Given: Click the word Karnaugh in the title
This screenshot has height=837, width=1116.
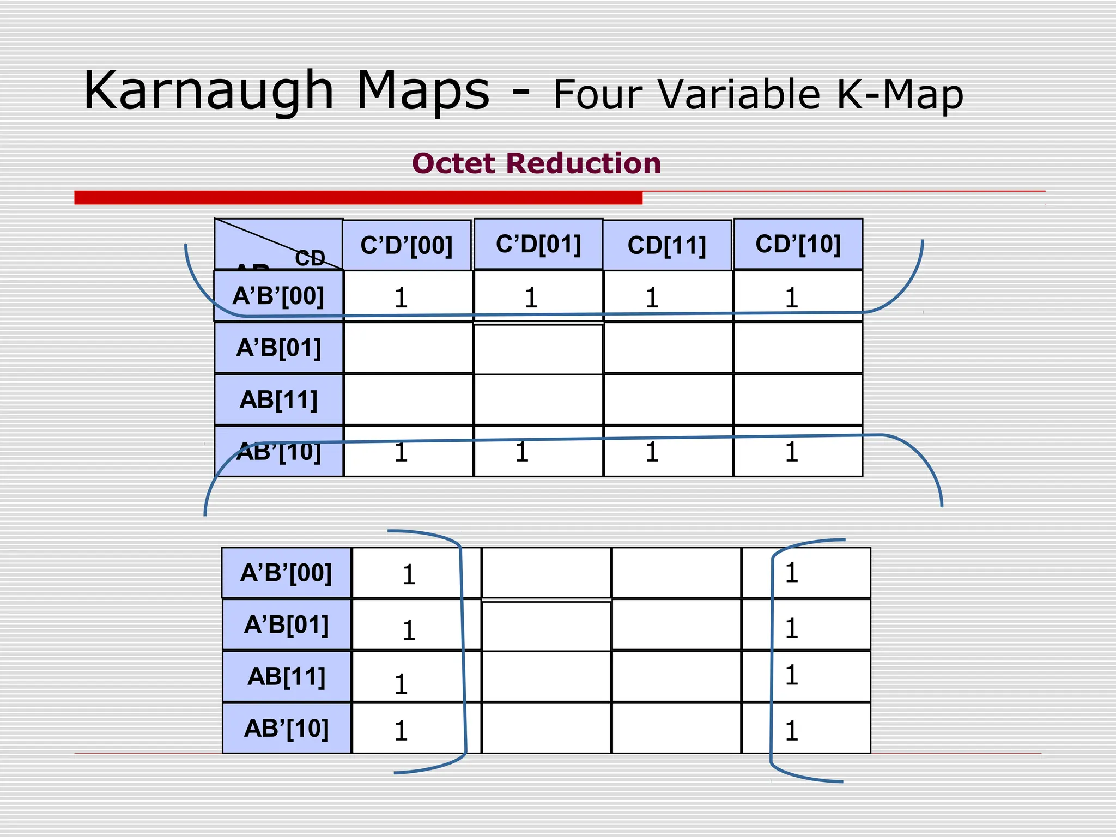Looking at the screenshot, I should click(x=208, y=92).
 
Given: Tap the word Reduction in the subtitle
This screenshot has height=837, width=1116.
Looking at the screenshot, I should click(x=583, y=163).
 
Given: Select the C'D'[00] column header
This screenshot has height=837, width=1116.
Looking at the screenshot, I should click(x=407, y=245).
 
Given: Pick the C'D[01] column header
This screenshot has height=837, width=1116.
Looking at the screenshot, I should click(x=538, y=244).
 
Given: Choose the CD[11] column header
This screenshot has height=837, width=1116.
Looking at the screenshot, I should click(x=666, y=245).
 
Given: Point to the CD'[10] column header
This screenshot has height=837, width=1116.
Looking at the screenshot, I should click(x=798, y=244).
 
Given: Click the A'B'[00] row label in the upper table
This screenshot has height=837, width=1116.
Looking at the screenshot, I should click(x=278, y=296).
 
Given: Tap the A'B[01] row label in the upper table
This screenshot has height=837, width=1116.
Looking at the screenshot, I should click(x=278, y=348).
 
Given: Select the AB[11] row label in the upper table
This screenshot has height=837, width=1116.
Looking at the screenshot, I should click(x=278, y=399).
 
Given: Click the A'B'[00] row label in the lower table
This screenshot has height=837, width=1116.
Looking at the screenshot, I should click(x=286, y=573).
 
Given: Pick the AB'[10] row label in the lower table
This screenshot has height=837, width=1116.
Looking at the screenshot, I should click(x=286, y=729).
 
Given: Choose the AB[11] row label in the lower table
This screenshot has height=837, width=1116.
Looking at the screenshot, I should click(x=286, y=677).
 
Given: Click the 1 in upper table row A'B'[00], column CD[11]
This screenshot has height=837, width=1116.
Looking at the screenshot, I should click(x=652, y=298).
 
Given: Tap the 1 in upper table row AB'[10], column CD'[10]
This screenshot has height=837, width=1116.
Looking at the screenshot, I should click(x=791, y=452).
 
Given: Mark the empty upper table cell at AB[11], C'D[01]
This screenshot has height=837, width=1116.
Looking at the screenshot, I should click(x=538, y=399).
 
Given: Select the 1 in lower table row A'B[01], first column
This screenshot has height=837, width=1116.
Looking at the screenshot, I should click(x=409, y=630).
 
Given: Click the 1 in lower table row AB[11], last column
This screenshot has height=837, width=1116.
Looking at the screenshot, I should click(x=791, y=675).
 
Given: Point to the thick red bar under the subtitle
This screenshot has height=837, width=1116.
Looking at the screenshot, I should click(x=358, y=197).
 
